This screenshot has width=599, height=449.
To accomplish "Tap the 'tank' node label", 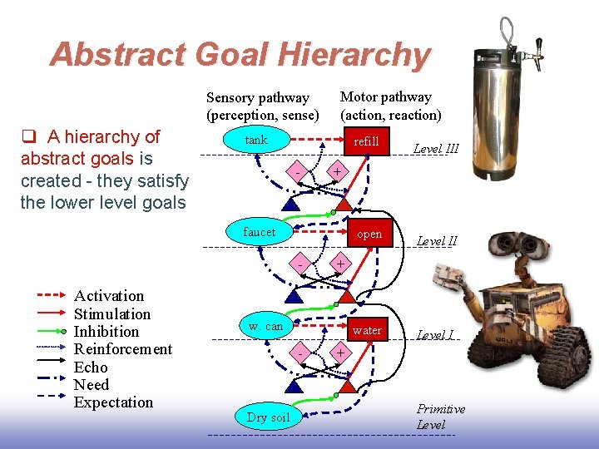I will click(x=256, y=140).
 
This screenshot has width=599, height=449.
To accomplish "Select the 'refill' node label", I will click(x=366, y=141).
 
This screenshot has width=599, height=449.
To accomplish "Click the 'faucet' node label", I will click(x=259, y=232).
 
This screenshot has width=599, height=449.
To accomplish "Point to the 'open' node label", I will click(x=369, y=234).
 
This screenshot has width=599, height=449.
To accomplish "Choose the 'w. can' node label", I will click(x=265, y=326).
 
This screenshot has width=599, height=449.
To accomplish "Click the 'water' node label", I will click(x=367, y=330).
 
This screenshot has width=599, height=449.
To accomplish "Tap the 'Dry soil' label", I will click(x=269, y=417).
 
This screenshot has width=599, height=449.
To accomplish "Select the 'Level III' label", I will click(x=436, y=149).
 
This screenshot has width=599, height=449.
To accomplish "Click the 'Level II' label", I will click(x=437, y=241).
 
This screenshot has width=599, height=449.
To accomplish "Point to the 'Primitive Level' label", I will click(x=440, y=417).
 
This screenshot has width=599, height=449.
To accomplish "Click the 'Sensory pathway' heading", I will click(x=257, y=98).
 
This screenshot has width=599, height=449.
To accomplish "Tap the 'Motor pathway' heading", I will click(x=386, y=97).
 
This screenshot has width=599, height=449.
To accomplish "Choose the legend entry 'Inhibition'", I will click(x=106, y=332).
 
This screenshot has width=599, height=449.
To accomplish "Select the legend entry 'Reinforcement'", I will click(x=122, y=349).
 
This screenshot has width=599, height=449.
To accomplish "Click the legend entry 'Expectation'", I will click(x=113, y=402).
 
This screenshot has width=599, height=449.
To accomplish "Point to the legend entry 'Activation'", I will click(x=109, y=296).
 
